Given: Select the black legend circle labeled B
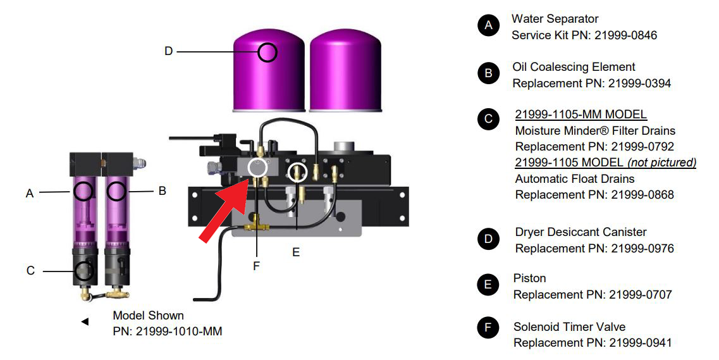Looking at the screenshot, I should (488, 73).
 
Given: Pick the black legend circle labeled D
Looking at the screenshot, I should (488, 239).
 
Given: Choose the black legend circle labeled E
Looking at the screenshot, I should (488, 285).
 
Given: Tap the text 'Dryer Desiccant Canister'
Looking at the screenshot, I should (581, 232).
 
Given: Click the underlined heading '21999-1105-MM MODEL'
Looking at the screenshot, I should (581, 115).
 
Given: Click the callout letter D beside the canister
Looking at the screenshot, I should (168, 51).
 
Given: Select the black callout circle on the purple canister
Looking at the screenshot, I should (267, 52).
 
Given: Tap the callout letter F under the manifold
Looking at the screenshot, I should (256, 266).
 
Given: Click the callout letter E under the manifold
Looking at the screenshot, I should (295, 252).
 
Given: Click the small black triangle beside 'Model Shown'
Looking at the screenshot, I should (85, 322).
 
